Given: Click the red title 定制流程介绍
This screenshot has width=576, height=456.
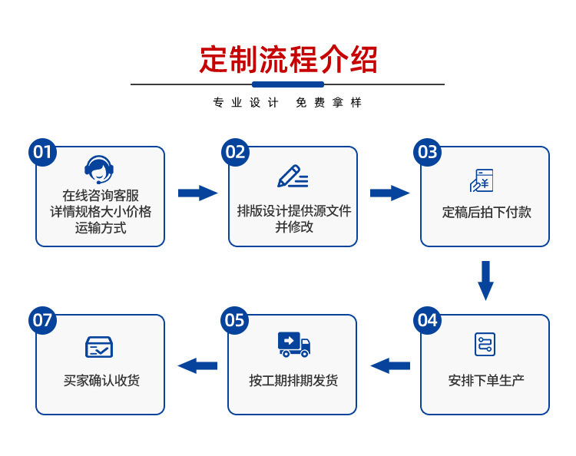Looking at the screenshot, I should pyautogui.click(x=288, y=59).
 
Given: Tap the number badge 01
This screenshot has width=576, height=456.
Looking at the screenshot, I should pyautogui.click(x=43, y=152).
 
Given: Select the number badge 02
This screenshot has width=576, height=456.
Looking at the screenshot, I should pyautogui.click(x=235, y=152).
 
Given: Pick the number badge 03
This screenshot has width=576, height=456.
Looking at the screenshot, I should pyautogui.click(x=428, y=152).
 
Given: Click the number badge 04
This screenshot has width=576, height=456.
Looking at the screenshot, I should pyautogui.click(x=428, y=320).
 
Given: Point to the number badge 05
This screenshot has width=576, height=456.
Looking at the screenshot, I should pyautogui.click(x=235, y=320).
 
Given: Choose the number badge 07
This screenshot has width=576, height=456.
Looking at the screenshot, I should pyautogui.click(x=43, y=320).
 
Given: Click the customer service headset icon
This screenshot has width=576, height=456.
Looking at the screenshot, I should pyautogui.click(x=100, y=170).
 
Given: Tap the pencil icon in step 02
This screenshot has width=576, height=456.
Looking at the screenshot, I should pyautogui.click(x=292, y=177).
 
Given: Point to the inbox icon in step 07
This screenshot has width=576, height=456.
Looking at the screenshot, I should pyautogui.click(x=100, y=347).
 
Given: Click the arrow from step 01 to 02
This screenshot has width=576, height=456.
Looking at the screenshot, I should pyautogui.click(x=197, y=193).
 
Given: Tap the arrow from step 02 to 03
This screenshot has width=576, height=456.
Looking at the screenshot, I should pyautogui.click(x=389, y=193).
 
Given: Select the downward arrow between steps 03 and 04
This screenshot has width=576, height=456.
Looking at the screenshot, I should pyautogui.click(x=485, y=280).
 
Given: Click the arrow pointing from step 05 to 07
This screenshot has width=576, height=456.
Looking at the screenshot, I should pyautogui.click(x=197, y=365).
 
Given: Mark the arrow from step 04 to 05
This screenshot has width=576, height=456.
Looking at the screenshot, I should pyautogui.click(x=390, y=365).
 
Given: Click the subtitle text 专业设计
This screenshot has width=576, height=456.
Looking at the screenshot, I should pyautogui.click(x=245, y=103).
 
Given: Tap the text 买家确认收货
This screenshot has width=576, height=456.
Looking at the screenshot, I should pyautogui.click(x=101, y=380).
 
